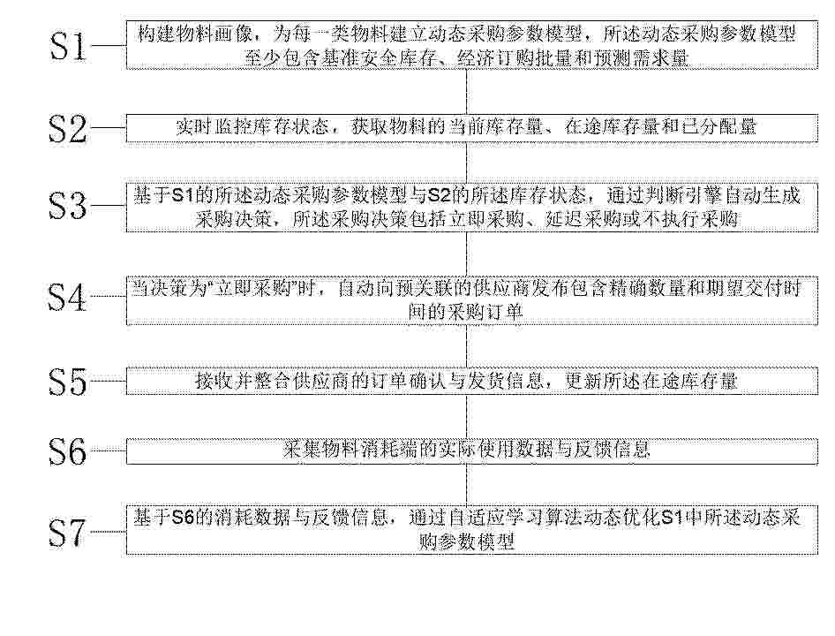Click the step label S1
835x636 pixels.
[x=67, y=46]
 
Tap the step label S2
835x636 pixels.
[x=67, y=128]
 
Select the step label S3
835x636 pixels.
[x=67, y=206]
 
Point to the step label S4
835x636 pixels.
[x=67, y=297]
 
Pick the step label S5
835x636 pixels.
[x=67, y=382]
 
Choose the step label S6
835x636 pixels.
[x=67, y=451]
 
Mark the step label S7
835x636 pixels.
[x=67, y=532]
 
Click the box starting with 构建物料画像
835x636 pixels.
[x=472, y=45]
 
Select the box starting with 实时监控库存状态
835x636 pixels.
[x=472, y=128]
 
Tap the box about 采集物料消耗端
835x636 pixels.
[x=472, y=451]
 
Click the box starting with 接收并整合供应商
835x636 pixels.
[x=472, y=381]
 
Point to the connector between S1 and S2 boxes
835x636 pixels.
[x=467, y=91]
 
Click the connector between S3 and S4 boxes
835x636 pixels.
[x=467, y=254]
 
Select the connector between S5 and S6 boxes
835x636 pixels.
[x=467, y=416]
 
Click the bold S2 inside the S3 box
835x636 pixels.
[x=440, y=196]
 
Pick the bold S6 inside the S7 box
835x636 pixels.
[x=184, y=518]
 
